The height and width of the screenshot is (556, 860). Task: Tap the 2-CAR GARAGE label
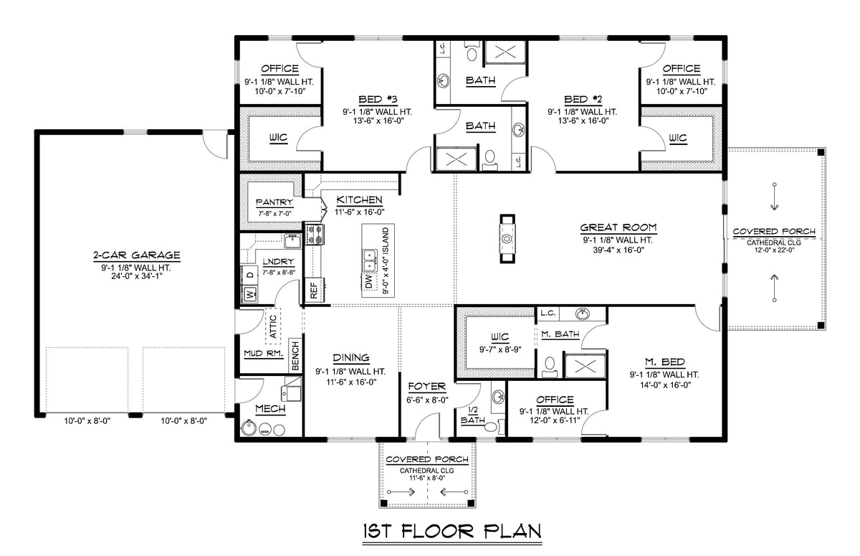pos(135,255)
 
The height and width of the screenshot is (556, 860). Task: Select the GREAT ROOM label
pos(618,227)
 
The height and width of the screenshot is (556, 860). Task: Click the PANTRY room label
pos(274,203)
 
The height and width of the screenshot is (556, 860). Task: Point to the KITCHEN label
pos(359,199)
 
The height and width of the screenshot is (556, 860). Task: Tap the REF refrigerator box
pos(313,288)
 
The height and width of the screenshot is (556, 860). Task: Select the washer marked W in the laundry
pos(250,293)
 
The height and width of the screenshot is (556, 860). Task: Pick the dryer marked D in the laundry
pos(250,275)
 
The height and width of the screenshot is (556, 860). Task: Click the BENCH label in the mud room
pos(295,355)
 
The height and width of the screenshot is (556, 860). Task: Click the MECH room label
pos(269,409)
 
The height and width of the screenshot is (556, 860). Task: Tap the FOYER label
pos(427,387)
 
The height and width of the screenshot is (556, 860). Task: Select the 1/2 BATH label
pos(472,415)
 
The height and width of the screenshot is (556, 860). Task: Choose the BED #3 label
pos(377,99)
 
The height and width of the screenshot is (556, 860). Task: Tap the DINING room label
pos(350,358)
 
